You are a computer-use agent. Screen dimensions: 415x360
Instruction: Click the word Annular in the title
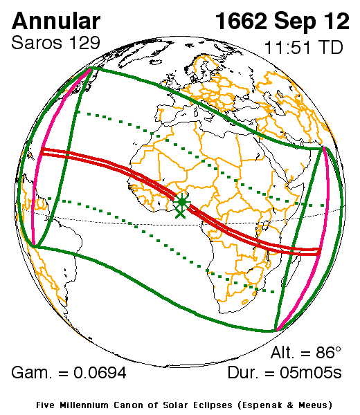[56, 21]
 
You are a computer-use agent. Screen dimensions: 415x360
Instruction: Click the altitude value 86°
[329, 351]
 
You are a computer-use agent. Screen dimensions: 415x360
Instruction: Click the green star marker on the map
[181, 201]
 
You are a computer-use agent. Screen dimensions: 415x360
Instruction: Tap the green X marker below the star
[181, 213]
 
